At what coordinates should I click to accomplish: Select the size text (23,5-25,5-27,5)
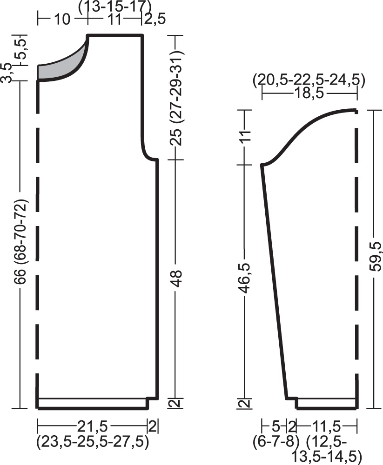92,442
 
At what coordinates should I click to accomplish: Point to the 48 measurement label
177,278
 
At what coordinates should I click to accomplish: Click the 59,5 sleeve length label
375,256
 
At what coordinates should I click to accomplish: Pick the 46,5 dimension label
246,278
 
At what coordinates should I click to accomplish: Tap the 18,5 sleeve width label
309,94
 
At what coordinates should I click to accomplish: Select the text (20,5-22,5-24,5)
309,80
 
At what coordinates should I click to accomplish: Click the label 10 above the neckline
62,20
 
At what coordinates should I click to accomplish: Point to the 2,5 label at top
155,19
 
